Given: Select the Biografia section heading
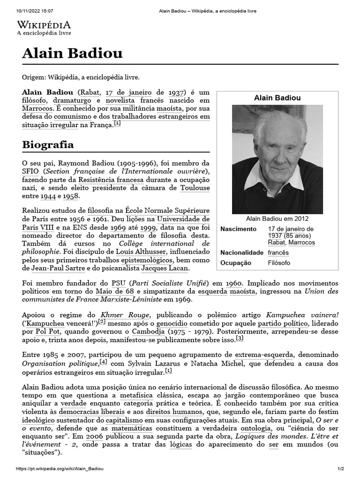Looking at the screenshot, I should click(x=48, y=144).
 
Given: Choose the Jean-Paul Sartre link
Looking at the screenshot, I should click(x=58, y=268).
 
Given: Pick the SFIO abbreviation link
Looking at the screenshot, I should click(x=30, y=172).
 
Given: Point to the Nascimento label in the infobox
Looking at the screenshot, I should click(x=239, y=229).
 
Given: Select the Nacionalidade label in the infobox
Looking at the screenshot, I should click(x=242, y=253).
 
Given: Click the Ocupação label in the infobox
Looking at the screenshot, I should click(x=236, y=263).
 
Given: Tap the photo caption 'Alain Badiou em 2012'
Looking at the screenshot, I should click(x=277, y=218).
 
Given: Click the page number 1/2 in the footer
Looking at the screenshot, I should click(x=341, y=469).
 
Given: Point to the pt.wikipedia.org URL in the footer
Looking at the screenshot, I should click(x=60, y=469).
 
